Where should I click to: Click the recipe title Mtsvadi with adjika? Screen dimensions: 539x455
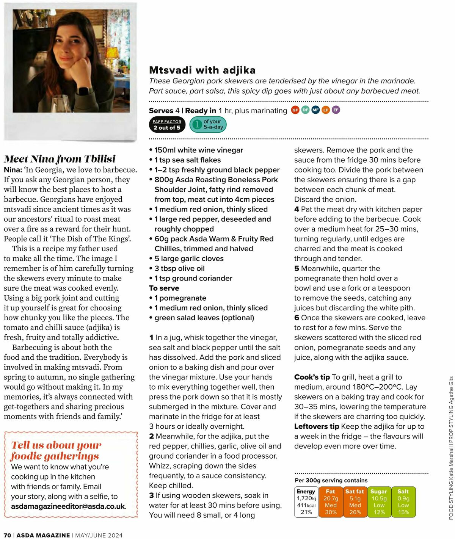tap(202, 70)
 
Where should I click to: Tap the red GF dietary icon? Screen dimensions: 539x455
tap(295, 110)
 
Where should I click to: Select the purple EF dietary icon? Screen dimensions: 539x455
tap(336, 110)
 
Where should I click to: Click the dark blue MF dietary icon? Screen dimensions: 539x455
tap(315, 110)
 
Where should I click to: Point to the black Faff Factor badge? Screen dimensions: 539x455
tap(167, 125)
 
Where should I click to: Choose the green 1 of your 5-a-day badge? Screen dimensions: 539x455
tap(208, 124)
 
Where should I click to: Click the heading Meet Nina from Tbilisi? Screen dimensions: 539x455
tap(60, 159)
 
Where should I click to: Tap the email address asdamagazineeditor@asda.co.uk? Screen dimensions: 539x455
tap(68, 506)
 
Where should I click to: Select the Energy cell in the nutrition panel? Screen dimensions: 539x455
tap(306, 501)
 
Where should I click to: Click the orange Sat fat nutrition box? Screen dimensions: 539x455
tap(355, 501)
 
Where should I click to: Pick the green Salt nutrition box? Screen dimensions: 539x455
tap(403, 501)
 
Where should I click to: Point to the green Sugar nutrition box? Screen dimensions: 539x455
tap(379, 501)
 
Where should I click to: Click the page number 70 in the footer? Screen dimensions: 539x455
tap(7, 535)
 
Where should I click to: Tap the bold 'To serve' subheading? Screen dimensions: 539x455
tap(164, 288)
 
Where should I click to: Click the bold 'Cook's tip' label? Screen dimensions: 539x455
tap(312, 377)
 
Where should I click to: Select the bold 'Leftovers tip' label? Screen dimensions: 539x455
tap(317, 426)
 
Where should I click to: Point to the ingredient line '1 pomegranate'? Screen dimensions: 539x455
tap(180, 298)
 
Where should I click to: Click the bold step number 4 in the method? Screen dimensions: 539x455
tap(297, 209)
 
